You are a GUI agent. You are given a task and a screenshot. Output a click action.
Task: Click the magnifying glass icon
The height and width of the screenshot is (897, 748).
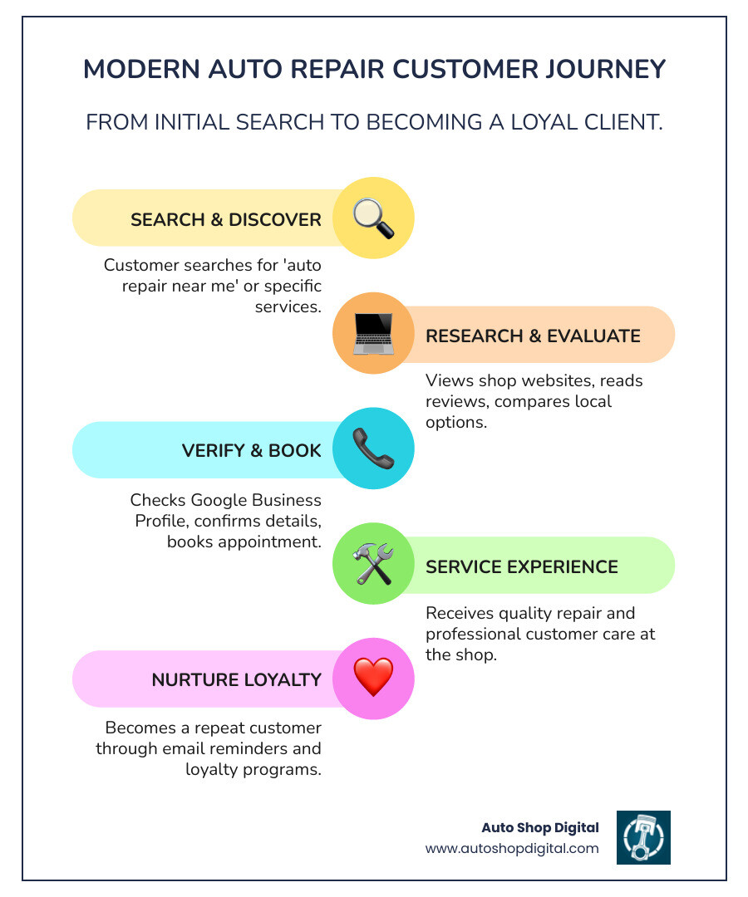(x=373, y=218)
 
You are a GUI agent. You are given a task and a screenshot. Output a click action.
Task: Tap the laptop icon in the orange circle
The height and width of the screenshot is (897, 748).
(x=373, y=334)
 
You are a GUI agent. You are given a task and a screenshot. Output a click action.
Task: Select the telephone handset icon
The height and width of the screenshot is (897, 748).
(x=373, y=449)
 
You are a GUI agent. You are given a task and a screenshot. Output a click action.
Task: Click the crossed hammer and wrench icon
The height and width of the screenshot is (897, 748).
(x=373, y=565)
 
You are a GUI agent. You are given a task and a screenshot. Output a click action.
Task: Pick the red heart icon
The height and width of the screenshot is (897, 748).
(x=373, y=679)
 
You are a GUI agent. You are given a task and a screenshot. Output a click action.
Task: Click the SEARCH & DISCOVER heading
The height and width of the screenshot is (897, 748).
(x=225, y=219)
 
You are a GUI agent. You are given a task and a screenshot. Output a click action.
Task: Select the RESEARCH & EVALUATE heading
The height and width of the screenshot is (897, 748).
(x=533, y=336)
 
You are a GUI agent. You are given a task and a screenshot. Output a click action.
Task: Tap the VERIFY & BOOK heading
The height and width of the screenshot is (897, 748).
(x=251, y=450)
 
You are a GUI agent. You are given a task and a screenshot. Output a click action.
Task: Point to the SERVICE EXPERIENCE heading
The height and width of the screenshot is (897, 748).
(x=521, y=566)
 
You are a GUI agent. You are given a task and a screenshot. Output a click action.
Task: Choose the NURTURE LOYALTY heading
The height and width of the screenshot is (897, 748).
(x=236, y=679)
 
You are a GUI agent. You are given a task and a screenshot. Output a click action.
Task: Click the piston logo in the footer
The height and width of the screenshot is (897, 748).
(x=643, y=837)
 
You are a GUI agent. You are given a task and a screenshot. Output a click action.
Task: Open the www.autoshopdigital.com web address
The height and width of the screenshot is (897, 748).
(x=512, y=848)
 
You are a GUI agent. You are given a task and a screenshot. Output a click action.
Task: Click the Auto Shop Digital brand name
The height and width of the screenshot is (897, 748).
(x=540, y=827)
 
